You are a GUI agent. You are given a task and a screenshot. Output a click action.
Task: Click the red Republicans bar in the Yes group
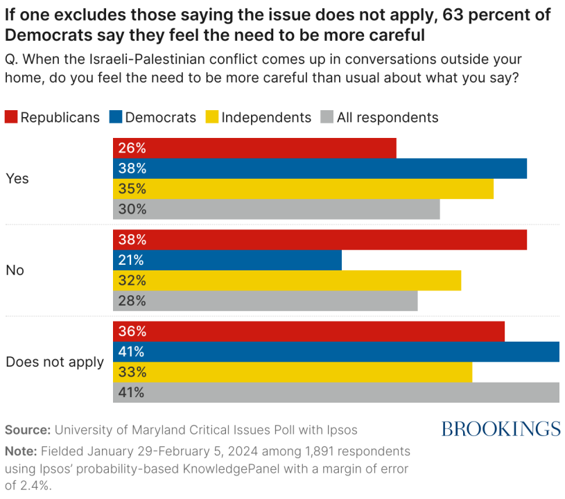coord(254,148)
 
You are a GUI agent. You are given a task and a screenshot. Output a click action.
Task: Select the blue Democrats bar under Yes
coord(320,168)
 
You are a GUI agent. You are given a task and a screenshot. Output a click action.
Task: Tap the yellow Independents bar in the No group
coord(287,281)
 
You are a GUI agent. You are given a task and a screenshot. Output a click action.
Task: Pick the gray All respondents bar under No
coord(266,301)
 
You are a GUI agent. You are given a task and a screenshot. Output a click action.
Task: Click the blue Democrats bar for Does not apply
coord(336,352)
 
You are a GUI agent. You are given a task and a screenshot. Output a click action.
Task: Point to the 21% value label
coord(131,261)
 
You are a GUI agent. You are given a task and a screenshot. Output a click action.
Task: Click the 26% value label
coord(132,148)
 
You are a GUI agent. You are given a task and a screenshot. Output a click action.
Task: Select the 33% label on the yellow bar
coord(132,372)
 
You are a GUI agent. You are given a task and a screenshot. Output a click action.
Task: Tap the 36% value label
coord(132,332)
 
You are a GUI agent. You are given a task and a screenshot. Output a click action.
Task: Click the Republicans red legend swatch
coord(11,117)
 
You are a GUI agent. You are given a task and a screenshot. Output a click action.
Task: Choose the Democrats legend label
coord(161,118)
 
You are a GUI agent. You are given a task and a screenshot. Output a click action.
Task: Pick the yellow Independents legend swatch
coord(212,117)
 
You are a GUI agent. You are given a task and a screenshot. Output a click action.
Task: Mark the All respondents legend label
coord(388,118)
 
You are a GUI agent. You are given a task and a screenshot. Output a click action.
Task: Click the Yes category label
coord(17,179)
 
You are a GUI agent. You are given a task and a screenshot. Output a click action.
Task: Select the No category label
coord(15,270)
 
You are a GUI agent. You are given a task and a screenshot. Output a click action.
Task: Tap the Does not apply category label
coord(55,362)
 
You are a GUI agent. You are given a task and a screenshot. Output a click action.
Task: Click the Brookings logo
coord(501,429)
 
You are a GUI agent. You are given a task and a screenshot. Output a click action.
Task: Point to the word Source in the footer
coord(28,430)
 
